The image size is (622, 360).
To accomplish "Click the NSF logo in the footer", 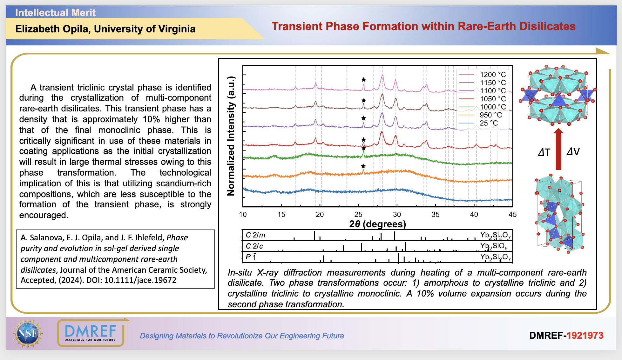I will coord(28,333).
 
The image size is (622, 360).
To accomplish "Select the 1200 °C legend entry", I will coord(492,75).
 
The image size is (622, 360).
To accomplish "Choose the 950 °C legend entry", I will coord(490,115).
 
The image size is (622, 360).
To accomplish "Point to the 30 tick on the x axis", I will coord(397,215).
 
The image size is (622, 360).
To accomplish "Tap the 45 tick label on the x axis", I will coord(512,215).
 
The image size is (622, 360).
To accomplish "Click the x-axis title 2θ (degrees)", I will coord(377,224).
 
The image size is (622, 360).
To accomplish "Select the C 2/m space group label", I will coord(255,235).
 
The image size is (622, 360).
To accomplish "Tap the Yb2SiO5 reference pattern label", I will coord(494,246).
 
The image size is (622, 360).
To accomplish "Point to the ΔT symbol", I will coord(544,152).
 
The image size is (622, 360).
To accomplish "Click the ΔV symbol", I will coord(573,152).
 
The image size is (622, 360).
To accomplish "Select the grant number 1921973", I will coord(585,336).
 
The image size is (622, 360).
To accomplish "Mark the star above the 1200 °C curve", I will coord(364,80).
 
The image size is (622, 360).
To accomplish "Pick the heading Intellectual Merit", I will coord(55,13).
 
